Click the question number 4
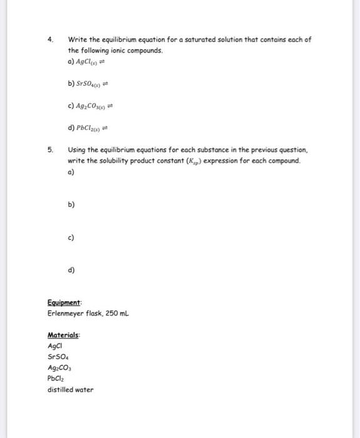tap(50, 39)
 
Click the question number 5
tap(50, 150)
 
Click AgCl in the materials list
tap(56, 345)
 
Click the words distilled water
tap(70, 389)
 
